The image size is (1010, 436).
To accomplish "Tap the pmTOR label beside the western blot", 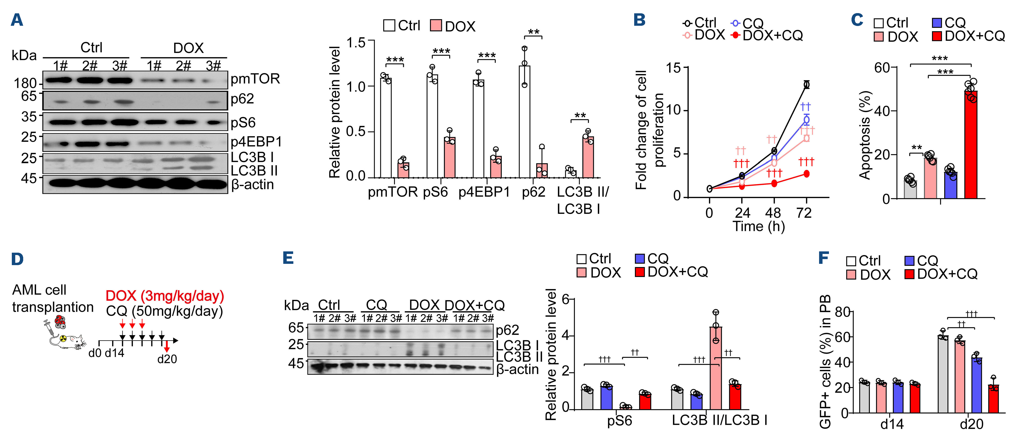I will pyautogui.click(x=255, y=79).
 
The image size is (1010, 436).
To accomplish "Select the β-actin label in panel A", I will pyautogui.click(x=253, y=184).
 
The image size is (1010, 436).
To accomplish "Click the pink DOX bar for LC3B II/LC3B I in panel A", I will pyautogui.click(x=588, y=157).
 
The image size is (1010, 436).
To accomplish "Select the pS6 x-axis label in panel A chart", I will pyautogui.click(x=435, y=192).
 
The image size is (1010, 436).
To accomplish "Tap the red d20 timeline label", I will pyautogui.click(x=167, y=359).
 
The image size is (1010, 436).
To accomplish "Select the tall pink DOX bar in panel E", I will pyautogui.click(x=716, y=369).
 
